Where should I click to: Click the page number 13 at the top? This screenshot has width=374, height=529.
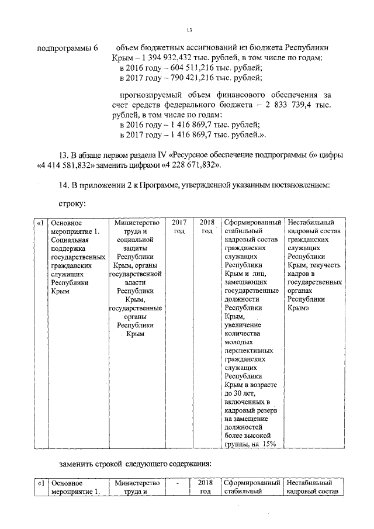189,30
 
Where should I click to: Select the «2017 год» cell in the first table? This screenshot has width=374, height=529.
178,227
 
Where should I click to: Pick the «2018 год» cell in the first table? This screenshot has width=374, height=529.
207,227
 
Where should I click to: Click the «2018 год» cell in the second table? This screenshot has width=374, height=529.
207,487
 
